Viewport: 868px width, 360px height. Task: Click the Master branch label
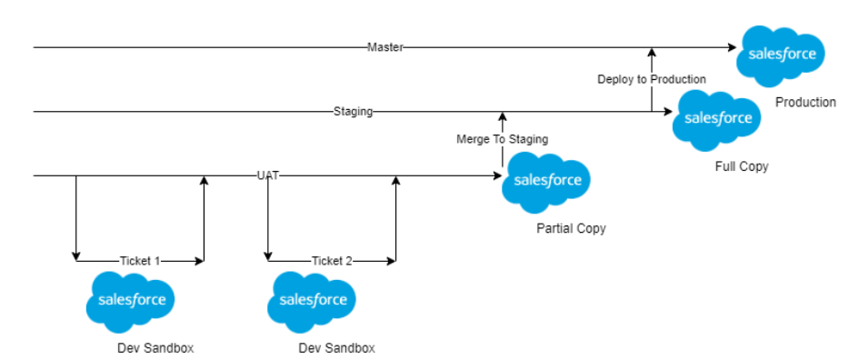385,47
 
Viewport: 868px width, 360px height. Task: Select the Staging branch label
354,112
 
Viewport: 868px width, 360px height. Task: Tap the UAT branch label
268,176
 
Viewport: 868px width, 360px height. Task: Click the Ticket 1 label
140,261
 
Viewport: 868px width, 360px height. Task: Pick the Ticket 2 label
332,261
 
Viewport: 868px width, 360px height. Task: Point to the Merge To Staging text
502,140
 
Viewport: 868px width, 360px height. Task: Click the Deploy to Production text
652,80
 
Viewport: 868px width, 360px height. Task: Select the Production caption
805,103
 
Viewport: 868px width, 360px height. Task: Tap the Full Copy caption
742,166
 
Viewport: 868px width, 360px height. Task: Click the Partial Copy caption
572,228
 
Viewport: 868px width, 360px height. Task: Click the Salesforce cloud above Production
781,55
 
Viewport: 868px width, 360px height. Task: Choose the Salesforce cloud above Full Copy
717,120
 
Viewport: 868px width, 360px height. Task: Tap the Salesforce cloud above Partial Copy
546,182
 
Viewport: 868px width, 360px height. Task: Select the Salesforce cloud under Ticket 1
131,302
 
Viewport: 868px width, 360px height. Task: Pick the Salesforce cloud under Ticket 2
312,302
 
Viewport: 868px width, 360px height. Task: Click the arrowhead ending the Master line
733,47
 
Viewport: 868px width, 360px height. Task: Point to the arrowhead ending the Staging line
668,112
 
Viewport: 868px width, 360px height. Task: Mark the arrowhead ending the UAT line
497,176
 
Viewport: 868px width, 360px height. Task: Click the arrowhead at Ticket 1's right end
200,261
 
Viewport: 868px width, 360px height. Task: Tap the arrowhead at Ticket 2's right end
392,261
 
